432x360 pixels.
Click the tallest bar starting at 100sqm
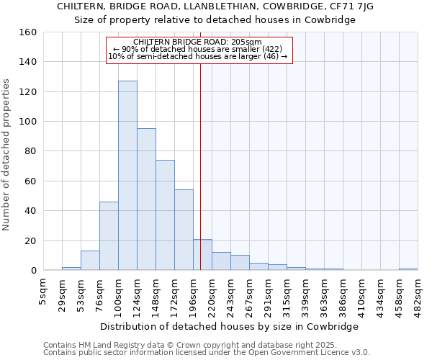tap(127, 176)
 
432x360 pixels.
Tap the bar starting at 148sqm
tap(165, 215)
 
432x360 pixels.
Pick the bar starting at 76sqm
tap(109, 236)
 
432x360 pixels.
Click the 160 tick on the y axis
tap(28, 32)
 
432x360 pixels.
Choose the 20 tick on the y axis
tap(30, 240)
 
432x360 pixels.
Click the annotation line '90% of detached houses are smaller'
tap(199, 49)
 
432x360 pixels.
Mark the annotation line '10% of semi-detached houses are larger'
tap(197, 56)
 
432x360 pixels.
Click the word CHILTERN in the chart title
tap(80, 6)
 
